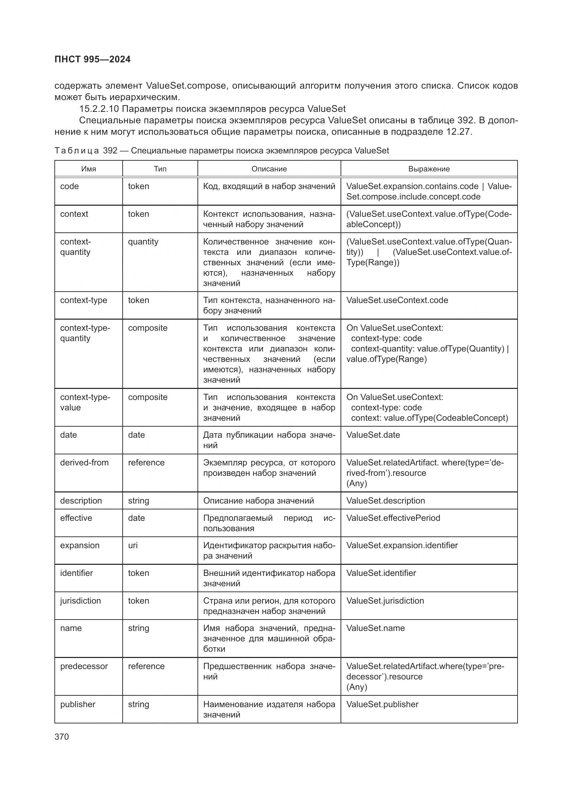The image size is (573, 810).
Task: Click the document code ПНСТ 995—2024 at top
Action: pos(92,59)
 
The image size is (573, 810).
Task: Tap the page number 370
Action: pos(62,737)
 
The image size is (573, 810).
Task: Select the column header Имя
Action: pos(89,169)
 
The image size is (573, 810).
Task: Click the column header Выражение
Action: pos(429,169)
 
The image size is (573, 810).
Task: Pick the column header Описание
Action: pos(269,169)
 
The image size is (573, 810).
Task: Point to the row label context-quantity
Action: pos(75,247)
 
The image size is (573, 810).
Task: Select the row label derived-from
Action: pos(84,463)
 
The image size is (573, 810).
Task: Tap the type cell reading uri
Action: pos(133,545)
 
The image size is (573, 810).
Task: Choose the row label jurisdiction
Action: pos(80,601)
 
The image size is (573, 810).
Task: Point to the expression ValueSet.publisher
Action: pos(382,704)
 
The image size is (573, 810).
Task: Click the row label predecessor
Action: pos(84,666)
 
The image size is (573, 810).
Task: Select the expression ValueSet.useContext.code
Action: pos(397,300)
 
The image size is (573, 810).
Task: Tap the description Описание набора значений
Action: pos(258,501)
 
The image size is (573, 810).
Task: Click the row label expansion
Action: pos(80,545)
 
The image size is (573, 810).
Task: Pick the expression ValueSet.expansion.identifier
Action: pos(402,545)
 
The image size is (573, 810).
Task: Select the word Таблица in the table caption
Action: pos(77,151)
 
